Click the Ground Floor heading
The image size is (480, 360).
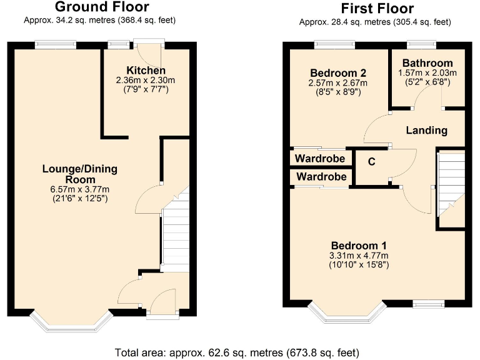[102, 7]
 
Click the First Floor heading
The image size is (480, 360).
[376, 9]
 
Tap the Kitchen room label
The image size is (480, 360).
[146, 71]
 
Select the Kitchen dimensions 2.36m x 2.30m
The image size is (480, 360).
[146, 81]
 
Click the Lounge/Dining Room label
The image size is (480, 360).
[80, 174]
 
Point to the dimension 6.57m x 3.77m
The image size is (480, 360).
[80, 190]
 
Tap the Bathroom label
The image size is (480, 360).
[427, 63]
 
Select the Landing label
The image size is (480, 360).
[427, 131]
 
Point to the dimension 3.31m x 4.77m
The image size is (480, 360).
[359, 256]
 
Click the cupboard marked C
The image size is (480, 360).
[371, 162]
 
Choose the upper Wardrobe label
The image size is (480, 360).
[321, 158]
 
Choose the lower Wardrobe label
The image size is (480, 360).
[321, 177]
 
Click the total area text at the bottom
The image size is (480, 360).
[237, 352]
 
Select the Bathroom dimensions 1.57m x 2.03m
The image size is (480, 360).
[427, 72]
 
